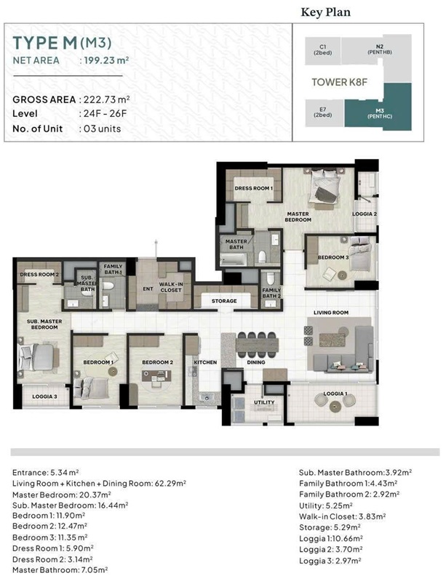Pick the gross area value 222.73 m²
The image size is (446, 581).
107,99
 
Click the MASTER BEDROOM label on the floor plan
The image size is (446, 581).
298,216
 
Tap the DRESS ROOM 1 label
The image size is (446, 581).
253,189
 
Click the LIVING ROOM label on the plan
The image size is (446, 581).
331,313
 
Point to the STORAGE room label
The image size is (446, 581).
224,301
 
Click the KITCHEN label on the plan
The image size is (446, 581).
204,361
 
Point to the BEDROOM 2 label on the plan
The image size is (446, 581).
156,362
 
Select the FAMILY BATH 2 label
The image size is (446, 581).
271,293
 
